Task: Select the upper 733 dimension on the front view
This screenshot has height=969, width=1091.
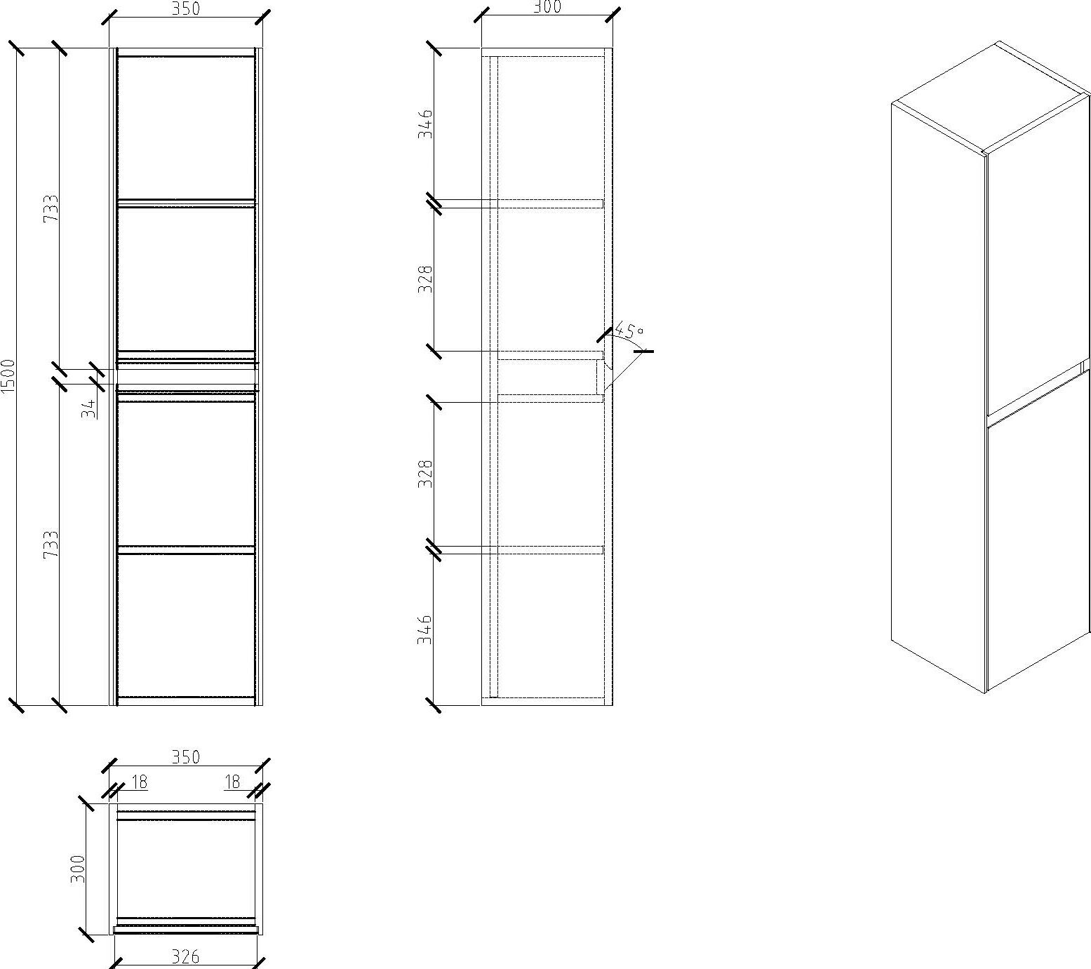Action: click(x=51, y=208)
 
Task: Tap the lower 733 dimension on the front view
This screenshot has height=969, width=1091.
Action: click(x=51, y=544)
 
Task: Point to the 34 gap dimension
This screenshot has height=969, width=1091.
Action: click(x=88, y=408)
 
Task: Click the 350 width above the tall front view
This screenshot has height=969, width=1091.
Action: click(x=185, y=8)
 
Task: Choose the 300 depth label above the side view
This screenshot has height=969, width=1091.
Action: click(x=547, y=7)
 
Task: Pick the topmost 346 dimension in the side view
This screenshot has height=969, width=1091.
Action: click(x=426, y=123)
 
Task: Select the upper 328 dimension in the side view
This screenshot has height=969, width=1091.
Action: click(x=426, y=279)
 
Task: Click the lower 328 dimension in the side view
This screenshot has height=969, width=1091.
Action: click(x=426, y=474)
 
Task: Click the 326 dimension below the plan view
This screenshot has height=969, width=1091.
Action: click(x=185, y=956)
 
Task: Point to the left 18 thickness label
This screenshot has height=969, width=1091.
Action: click(x=139, y=782)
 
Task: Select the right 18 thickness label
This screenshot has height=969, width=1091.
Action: click(x=232, y=782)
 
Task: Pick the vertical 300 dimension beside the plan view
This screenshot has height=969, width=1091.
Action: click(x=77, y=868)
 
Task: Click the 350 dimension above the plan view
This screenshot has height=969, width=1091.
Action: click(x=185, y=757)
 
